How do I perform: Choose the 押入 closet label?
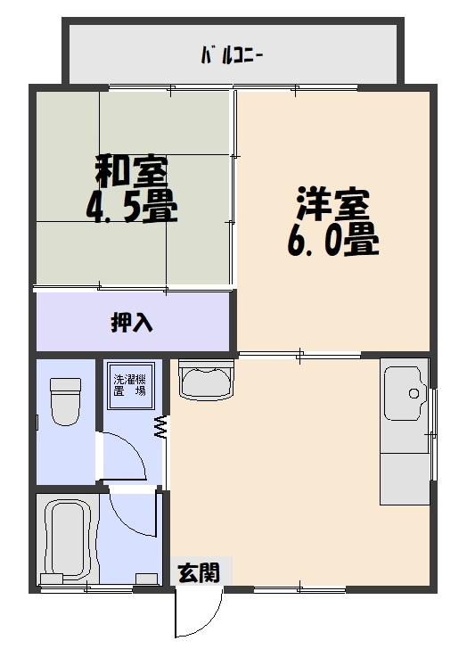click(x=131, y=322)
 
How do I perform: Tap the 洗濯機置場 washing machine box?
click(x=129, y=385)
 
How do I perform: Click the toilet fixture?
click(x=65, y=401)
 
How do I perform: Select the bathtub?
click(x=66, y=540)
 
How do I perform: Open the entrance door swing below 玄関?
click(x=196, y=616)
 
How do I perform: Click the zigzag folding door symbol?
click(x=163, y=427)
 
